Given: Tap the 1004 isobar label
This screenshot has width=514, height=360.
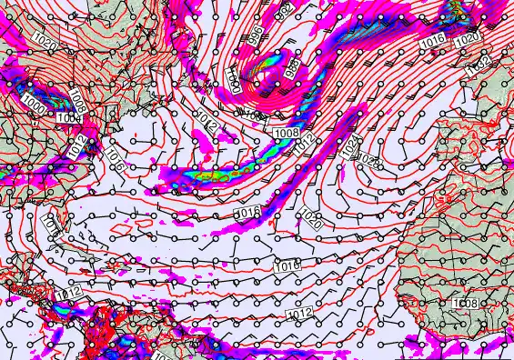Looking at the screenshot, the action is point(67,118).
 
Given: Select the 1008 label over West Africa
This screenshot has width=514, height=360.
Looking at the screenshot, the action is point(466,303).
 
